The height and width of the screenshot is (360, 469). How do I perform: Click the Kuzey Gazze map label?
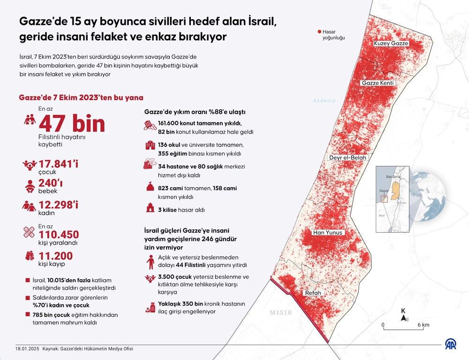click(x=391, y=43)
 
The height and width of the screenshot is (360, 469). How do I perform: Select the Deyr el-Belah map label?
click(x=348, y=158)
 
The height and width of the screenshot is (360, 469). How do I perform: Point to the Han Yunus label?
click(x=329, y=232)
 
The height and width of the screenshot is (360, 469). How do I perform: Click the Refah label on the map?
click(x=313, y=293)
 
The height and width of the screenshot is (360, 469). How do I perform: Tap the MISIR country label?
click(x=281, y=312)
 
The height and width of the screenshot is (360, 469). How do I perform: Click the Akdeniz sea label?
click(x=325, y=100)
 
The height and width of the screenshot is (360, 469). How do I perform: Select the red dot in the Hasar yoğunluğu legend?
click(x=319, y=32)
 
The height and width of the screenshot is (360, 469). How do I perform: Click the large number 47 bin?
click(x=72, y=124)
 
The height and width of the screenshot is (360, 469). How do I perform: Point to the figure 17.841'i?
click(x=59, y=165)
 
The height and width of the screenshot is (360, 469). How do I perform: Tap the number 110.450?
click(x=59, y=234)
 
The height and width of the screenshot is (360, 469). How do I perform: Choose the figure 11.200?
click(x=56, y=256)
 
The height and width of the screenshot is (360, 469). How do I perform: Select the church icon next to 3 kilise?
click(x=150, y=208)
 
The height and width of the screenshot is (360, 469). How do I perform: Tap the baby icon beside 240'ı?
click(x=30, y=185)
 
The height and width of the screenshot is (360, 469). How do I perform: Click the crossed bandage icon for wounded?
click(x=30, y=232)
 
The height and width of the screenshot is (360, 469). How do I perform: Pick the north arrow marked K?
click(x=403, y=317)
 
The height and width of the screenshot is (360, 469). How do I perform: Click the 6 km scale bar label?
click(x=423, y=325)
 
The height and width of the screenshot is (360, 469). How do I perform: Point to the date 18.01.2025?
click(x=24, y=349)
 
